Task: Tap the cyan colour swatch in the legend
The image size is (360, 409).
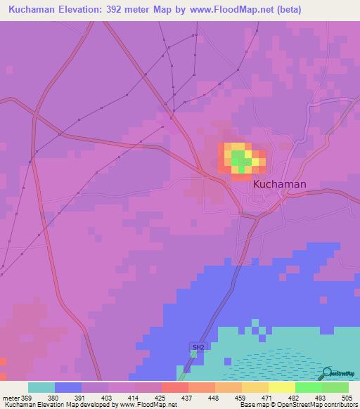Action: pos(41,387)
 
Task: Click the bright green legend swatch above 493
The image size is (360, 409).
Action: pos(308,387)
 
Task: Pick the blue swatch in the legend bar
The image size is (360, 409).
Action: pos(67,387)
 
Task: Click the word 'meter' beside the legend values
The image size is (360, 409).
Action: pos(10,398)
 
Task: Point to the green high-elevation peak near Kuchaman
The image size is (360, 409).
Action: pos(239,157)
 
